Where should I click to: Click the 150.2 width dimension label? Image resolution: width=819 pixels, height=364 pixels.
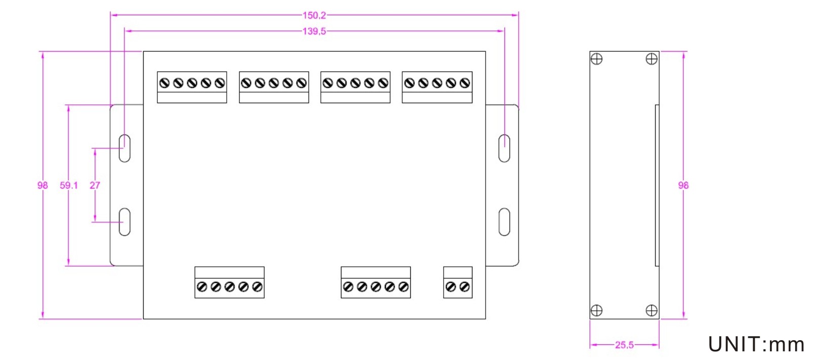314,15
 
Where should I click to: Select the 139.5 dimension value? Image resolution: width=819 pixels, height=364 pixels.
314,31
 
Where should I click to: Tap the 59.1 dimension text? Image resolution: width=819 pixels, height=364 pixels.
69,185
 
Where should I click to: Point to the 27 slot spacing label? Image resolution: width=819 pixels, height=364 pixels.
95,185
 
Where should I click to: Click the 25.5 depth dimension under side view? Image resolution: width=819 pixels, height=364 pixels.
624,345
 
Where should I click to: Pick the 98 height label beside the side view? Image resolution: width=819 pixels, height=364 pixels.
683,185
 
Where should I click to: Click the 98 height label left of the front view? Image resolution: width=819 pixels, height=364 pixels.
42,185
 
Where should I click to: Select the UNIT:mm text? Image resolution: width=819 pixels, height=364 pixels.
756,344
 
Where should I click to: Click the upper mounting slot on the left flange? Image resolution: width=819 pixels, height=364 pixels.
124,148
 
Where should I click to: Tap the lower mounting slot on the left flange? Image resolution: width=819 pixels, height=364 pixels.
124,222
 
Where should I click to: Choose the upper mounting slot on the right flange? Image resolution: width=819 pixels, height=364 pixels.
504,148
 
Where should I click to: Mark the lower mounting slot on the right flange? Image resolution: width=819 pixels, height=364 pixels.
504,222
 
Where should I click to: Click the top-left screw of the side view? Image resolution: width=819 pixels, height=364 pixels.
597,59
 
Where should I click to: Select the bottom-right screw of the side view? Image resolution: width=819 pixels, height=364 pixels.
652,310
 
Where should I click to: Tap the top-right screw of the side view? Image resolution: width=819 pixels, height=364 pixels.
652,59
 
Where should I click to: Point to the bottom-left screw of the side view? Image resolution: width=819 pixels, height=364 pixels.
597,310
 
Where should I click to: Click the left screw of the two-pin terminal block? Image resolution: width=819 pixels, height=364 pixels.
451,287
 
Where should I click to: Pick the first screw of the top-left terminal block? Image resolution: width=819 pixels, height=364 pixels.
164,83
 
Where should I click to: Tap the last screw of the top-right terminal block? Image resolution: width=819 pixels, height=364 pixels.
465,83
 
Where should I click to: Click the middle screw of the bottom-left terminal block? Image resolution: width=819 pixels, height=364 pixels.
230,287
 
